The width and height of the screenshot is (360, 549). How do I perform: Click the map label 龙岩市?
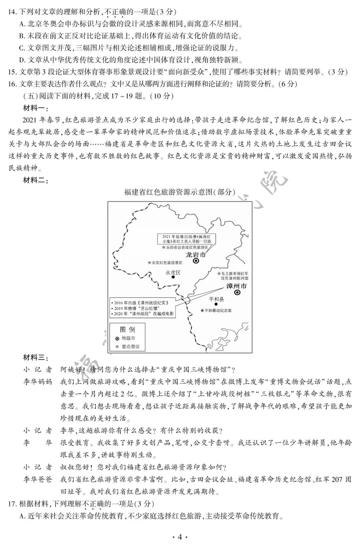point(196,255)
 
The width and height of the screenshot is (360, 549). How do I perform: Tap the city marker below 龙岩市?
point(196,261)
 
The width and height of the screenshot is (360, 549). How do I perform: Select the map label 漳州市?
point(237,286)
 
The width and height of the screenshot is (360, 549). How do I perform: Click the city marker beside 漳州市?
point(237,293)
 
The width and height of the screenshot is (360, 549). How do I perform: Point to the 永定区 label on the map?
point(173,272)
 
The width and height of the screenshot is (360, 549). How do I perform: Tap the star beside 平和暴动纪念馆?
point(202,311)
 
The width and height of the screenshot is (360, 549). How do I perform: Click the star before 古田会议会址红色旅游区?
point(163,247)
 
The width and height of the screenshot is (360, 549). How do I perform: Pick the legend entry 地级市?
point(128,338)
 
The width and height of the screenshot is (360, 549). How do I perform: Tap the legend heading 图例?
point(127,330)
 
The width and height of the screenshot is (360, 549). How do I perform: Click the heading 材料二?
point(36,181)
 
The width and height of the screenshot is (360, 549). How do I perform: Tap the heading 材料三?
point(36,358)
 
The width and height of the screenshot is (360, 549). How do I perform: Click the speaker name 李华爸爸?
point(38,479)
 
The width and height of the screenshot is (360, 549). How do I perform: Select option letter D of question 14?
point(22,60)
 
